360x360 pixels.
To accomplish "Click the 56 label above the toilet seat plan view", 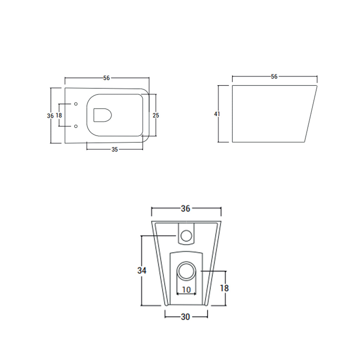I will (x=107, y=78).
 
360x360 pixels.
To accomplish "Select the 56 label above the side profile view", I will (x=274, y=76).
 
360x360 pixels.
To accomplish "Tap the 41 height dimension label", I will (x=218, y=114).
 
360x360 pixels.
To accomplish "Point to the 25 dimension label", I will (x=156, y=115).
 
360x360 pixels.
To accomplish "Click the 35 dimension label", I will (x=115, y=149).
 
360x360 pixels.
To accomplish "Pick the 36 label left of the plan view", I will (x=51, y=115).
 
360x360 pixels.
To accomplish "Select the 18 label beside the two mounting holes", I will (x=59, y=115).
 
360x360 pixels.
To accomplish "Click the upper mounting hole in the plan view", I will (x=76, y=104).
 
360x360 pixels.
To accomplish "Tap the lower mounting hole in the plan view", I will (x=76, y=126).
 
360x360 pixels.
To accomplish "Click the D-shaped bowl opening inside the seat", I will (x=102, y=115).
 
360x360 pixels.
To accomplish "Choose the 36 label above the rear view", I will (x=186, y=208).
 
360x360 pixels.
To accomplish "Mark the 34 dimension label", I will (x=142, y=270).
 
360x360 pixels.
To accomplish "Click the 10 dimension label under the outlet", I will (x=186, y=290).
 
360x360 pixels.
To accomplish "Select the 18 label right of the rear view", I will (x=224, y=288).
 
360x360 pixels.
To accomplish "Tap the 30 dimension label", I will (x=186, y=317).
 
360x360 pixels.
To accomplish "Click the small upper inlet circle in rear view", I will (x=186, y=234).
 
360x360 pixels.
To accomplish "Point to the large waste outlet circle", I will (x=186, y=271).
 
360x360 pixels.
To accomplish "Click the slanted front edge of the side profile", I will (x=311, y=114).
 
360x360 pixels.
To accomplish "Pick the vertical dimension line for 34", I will (x=141, y=253).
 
